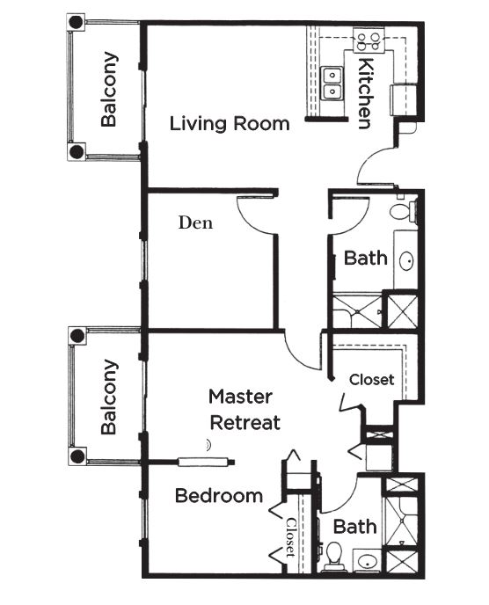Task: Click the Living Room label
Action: tap(230, 124)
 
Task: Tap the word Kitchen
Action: tap(365, 93)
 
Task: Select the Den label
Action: tap(195, 222)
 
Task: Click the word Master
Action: tap(240, 397)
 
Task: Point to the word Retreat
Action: tap(245, 422)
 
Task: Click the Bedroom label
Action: tap(219, 495)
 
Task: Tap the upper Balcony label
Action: tap(109, 89)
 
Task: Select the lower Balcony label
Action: tap(109, 397)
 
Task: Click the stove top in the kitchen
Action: tap(369, 41)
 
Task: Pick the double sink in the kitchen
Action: tap(332, 84)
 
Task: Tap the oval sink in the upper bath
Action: tap(405, 261)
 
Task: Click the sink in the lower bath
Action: tap(367, 560)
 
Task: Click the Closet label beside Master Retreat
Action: tap(372, 380)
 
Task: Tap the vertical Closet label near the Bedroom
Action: tap(291, 537)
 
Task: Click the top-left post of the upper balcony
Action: tap(76, 22)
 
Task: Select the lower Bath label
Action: tap(355, 527)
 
